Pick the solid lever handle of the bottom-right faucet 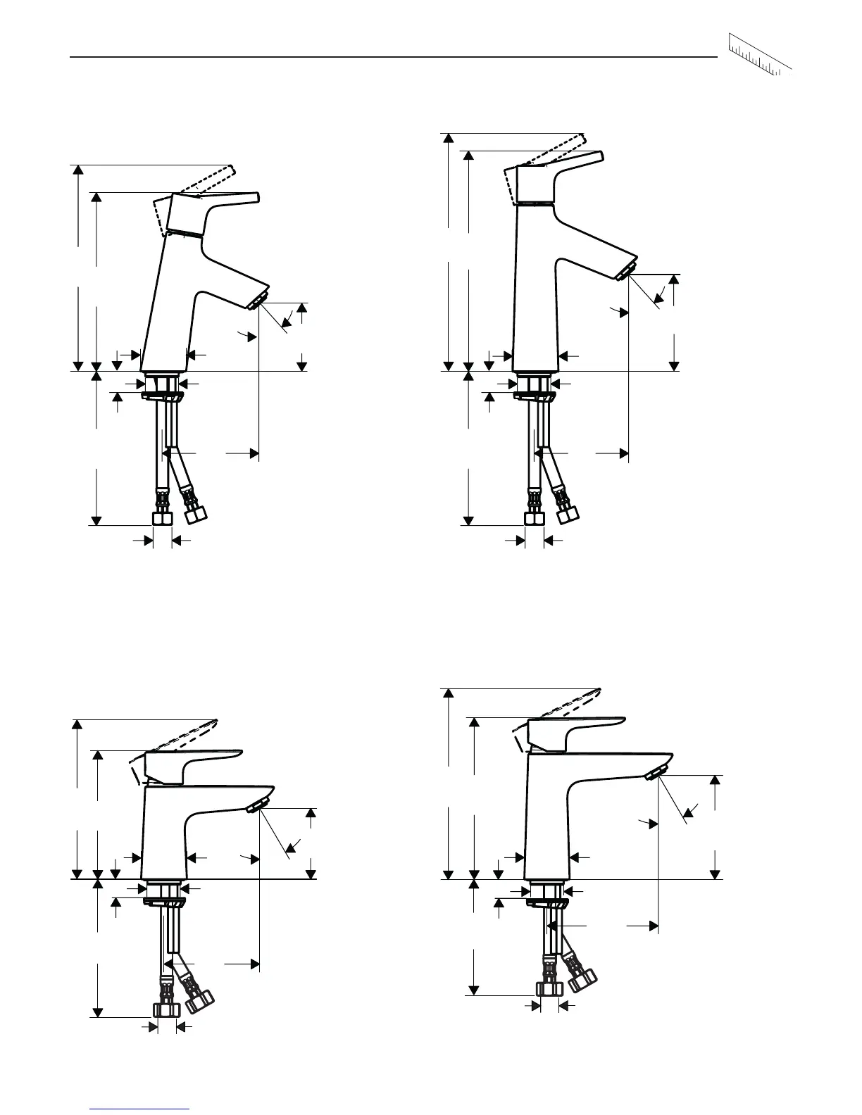pos(577,725)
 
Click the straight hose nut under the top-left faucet pos(163,519)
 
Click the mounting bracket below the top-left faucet pos(163,397)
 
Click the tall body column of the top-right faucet pos(535,296)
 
